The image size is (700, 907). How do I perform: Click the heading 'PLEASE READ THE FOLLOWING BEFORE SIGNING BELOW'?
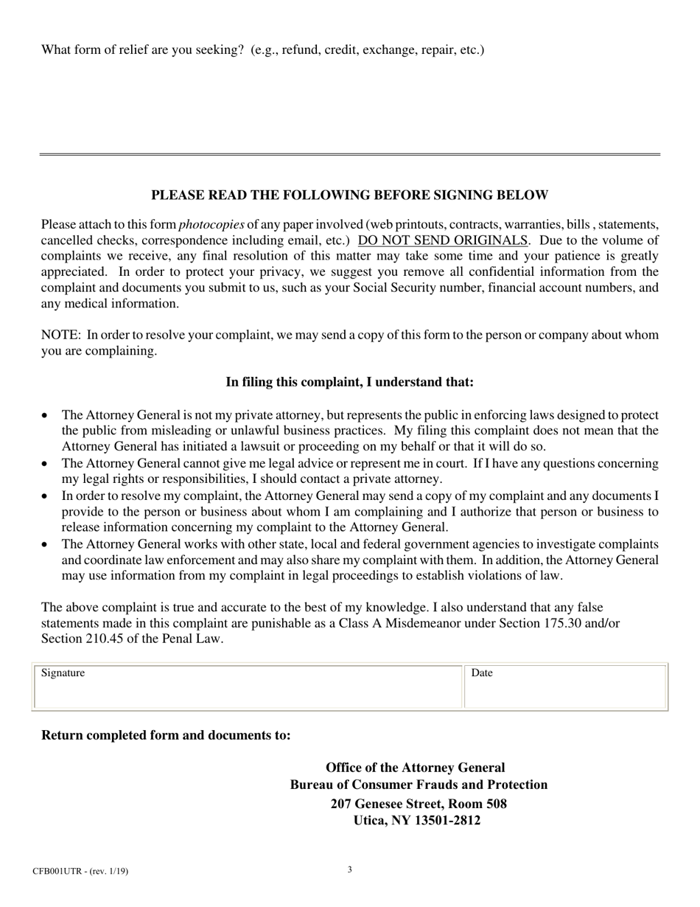(x=349, y=195)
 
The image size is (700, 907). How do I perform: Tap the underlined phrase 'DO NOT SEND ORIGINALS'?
(x=442, y=240)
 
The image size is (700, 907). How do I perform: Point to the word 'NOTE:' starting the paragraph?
(x=60, y=335)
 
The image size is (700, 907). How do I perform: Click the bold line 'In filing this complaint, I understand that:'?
(x=349, y=382)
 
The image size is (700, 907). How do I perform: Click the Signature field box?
(x=248, y=687)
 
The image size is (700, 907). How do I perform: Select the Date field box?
(x=564, y=687)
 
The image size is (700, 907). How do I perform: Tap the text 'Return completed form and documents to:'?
(x=166, y=735)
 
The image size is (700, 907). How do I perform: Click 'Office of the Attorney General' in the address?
(x=416, y=768)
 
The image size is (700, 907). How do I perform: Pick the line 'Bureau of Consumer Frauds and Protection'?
(x=419, y=785)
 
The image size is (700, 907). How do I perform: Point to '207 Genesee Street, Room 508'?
(x=419, y=804)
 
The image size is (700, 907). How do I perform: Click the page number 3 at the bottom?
(x=350, y=869)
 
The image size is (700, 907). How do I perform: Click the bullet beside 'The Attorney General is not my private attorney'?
(x=46, y=416)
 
